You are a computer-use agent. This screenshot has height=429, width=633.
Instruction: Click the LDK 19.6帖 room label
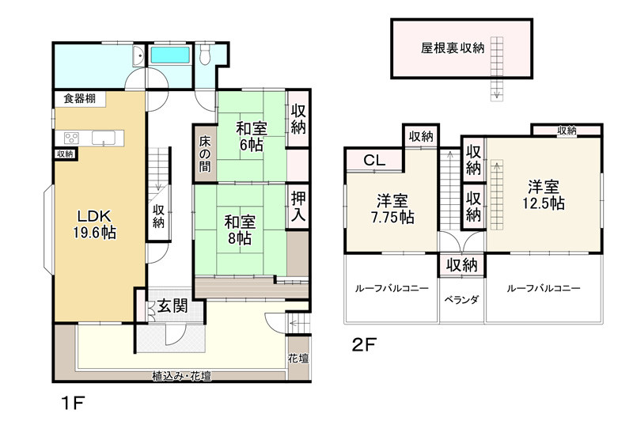tap(94, 224)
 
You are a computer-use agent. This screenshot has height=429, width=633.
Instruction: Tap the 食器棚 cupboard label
tap(80, 98)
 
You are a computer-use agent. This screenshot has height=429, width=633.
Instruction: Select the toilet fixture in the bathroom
tap(206, 54)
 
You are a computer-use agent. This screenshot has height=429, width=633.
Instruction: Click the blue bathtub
tap(170, 55)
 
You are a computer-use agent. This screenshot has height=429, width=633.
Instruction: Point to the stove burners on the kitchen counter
tap(72, 139)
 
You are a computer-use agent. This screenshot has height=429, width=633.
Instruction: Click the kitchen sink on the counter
tap(104, 139)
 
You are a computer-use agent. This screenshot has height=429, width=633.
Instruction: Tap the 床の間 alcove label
tap(205, 154)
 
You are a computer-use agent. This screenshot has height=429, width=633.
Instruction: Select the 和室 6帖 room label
tap(251, 137)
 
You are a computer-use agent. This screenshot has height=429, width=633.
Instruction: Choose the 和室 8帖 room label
tap(240, 230)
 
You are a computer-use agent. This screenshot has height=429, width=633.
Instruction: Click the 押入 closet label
tap(298, 207)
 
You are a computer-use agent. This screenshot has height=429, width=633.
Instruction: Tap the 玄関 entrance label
tap(172, 306)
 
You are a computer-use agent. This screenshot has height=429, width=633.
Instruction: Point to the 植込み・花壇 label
tap(182, 376)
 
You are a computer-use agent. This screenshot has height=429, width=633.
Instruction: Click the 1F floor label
tap(73, 403)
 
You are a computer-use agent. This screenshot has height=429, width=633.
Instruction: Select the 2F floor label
tap(365, 344)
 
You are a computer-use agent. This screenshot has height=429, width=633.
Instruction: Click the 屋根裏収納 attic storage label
tap(453, 48)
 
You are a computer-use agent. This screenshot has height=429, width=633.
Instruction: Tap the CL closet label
tap(374, 161)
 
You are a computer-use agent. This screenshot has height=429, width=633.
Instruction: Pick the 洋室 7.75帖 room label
tap(392, 209)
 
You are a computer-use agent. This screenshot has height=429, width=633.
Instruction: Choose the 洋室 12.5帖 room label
tap(544, 196)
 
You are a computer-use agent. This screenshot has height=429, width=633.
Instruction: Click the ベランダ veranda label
tap(461, 300)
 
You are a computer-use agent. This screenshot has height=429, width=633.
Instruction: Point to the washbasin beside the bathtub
tap(138, 55)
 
